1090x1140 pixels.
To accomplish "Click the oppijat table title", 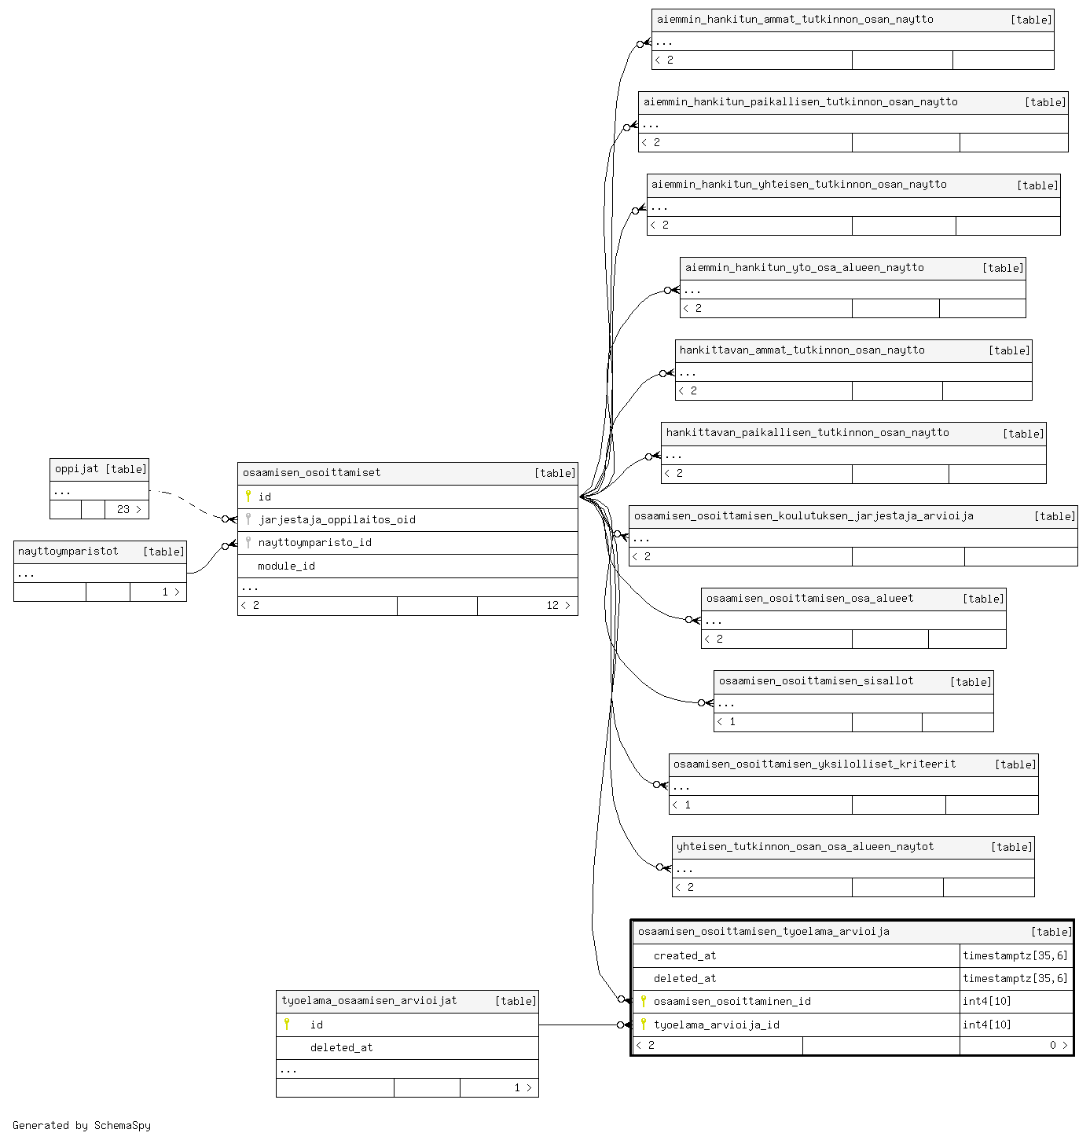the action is pyautogui.click(x=77, y=469).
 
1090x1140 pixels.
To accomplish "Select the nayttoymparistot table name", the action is pyautogui.click(x=68, y=552).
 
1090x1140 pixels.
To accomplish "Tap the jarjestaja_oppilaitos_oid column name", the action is pyautogui.click(x=337, y=519).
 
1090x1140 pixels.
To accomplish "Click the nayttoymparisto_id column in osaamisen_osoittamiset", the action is pyautogui.click(x=314, y=542).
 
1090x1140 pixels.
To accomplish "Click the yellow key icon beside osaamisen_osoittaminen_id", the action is pyautogui.click(x=644, y=1001).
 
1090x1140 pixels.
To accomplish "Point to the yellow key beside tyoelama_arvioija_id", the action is pyautogui.click(x=644, y=1025).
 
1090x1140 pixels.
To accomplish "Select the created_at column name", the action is pyautogui.click(x=684, y=955).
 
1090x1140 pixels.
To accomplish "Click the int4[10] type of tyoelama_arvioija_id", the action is pyautogui.click(x=987, y=1025).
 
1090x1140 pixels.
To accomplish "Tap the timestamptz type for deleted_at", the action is pyautogui.click(x=1015, y=978).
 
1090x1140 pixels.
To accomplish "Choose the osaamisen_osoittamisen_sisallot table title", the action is pyautogui.click(x=816, y=680).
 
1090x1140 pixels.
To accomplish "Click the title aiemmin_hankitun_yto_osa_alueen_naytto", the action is pyautogui.click(x=804, y=268).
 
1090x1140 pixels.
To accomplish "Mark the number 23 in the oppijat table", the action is pyautogui.click(x=123, y=509).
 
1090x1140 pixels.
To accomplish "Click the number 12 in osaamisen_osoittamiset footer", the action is pyautogui.click(x=552, y=605).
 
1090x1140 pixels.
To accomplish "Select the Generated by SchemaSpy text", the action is pyautogui.click(x=82, y=1125).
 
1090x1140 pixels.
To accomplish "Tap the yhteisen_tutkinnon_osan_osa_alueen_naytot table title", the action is pyautogui.click(x=806, y=846).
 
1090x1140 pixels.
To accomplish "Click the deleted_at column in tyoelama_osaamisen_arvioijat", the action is pyautogui.click(x=342, y=1047).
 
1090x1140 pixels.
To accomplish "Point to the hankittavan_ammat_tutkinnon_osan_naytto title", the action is pyautogui.click(x=802, y=350).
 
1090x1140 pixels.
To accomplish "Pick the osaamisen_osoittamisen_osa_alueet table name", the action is pyautogui.click(x=810, y=598).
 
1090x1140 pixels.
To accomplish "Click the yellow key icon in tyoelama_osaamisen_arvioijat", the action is pyautogui.click(x=287, y=1025).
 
